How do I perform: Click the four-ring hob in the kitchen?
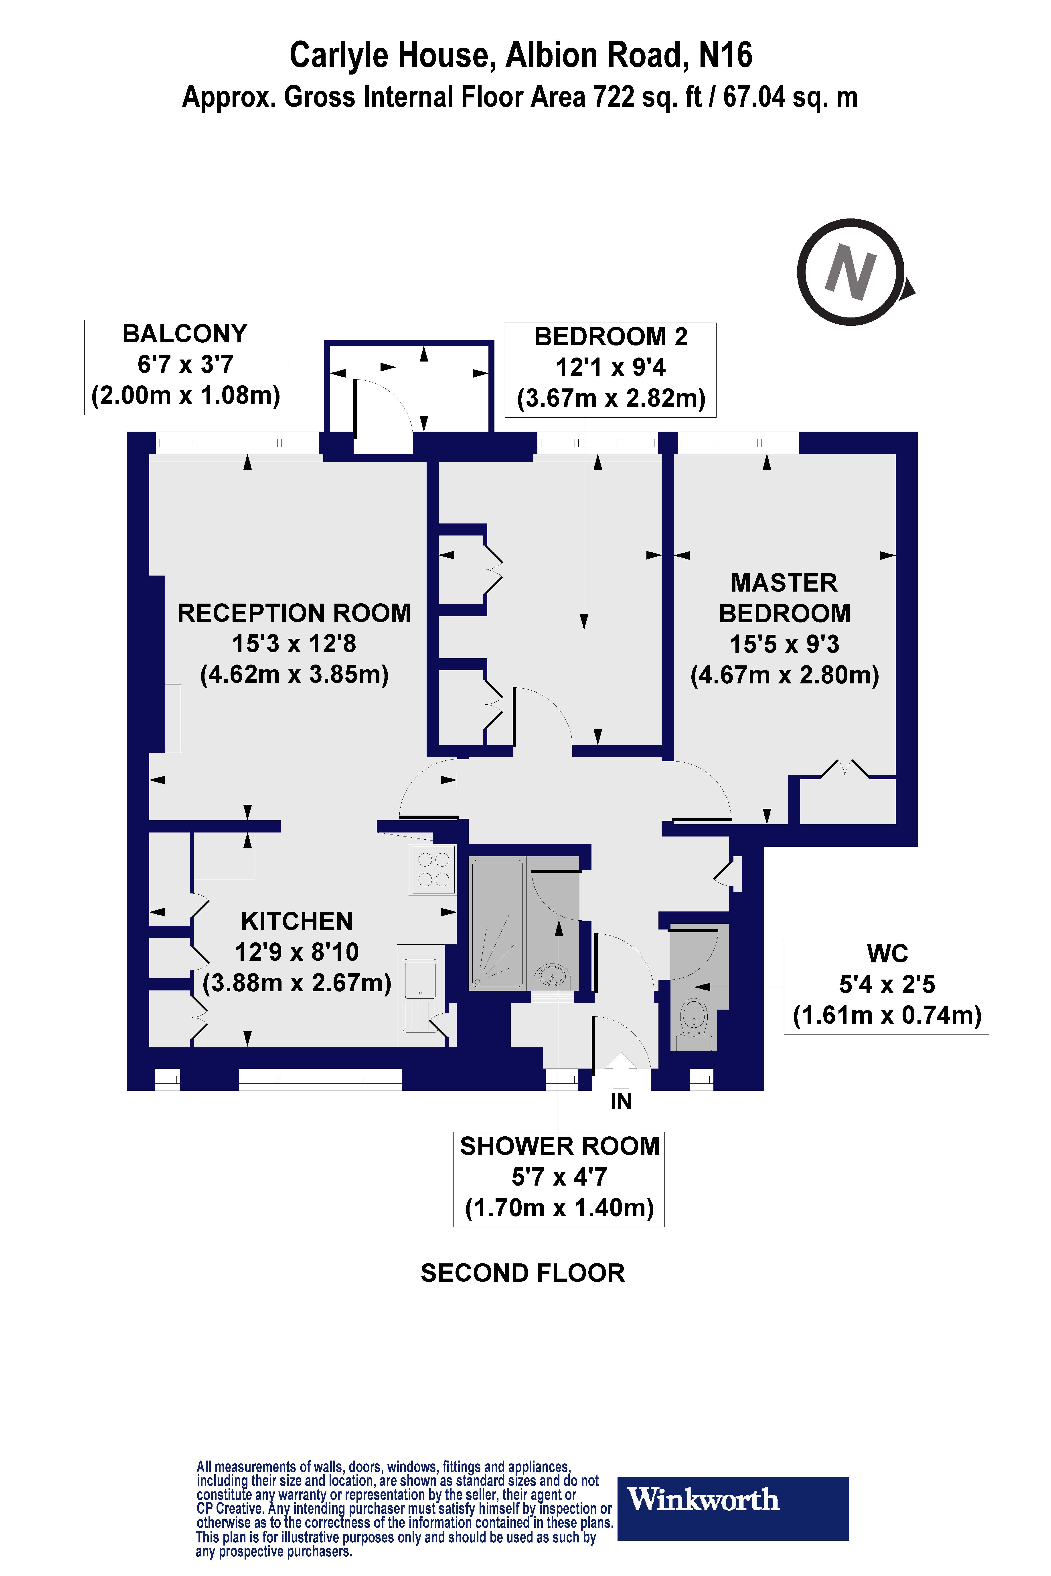[x=433, y=869]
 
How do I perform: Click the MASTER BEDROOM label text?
[x=784, y=598]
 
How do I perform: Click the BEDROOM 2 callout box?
[x=611, y=369]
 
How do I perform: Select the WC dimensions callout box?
[x=886, y=986]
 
